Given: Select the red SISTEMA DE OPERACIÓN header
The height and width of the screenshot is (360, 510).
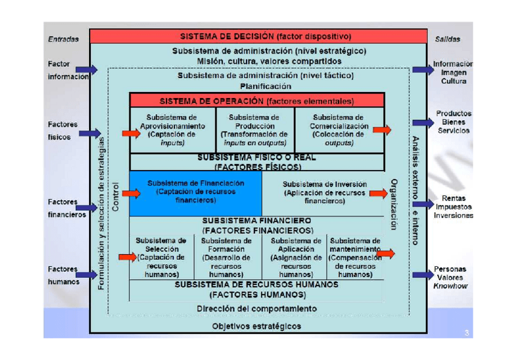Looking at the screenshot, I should coord(257,100).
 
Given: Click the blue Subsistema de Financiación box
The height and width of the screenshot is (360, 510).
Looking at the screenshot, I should coord(195,194).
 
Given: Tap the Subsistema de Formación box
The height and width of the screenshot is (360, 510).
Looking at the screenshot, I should coord(226,257).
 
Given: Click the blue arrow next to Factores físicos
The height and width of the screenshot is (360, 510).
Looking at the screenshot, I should coord(90,133).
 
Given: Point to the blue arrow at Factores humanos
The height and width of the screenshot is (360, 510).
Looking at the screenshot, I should coord(88,275).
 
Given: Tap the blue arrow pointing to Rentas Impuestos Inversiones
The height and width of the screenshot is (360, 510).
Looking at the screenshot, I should coord(423,206).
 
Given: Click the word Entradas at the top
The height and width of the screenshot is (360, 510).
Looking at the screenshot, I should coord(63,39).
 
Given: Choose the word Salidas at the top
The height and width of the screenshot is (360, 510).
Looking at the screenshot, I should coord(446,39).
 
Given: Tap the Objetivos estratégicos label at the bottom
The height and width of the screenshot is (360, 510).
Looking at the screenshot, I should coord(257,326).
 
